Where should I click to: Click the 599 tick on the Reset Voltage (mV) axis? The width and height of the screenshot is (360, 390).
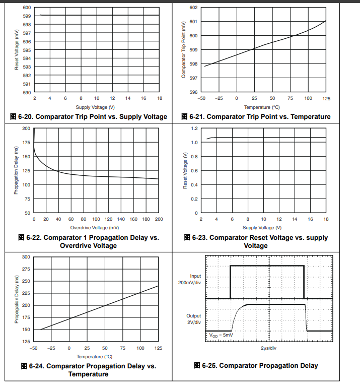[x=27, y=16]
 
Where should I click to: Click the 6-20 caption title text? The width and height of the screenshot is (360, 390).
[x=89, y=117]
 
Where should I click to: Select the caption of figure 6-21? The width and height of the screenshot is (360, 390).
[x=256, y=117]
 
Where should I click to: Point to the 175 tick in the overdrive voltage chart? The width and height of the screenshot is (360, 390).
[x=26, y=143]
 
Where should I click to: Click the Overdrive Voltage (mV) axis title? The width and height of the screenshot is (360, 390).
[x=95, y=227]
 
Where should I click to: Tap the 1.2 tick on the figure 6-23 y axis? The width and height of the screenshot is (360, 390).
[x=194, y=128]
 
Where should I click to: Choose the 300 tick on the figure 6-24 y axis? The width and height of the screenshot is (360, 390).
[x=26, y=257]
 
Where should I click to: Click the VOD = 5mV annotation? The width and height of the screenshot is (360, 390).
[x=221, y=335]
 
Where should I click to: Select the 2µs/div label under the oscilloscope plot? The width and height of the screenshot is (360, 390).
[x=269, y=349]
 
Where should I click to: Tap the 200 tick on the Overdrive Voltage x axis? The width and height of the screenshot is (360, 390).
[x=159, y=219]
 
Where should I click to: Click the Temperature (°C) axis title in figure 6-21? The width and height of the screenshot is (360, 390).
[x=262, y=107]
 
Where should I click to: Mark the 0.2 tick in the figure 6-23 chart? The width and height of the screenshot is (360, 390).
[x=194, y=199]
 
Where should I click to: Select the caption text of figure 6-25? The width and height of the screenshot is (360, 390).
[x=256, y=366]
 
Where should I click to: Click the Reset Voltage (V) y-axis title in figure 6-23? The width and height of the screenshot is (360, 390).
[x=185, y=171]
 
